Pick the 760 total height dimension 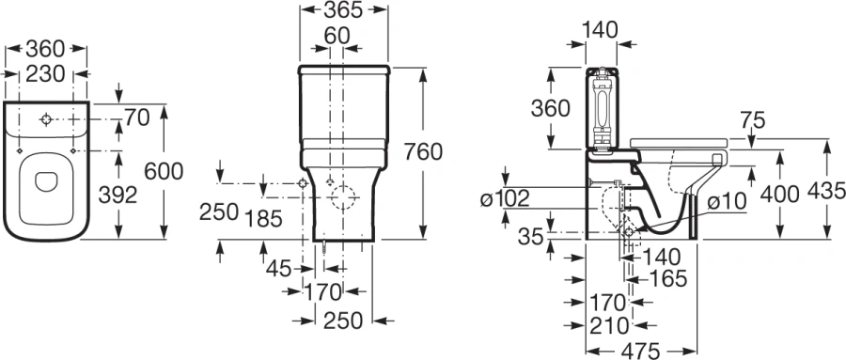tap(423, 151)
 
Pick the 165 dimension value tap(667, 278)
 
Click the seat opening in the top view tap(46, 181)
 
